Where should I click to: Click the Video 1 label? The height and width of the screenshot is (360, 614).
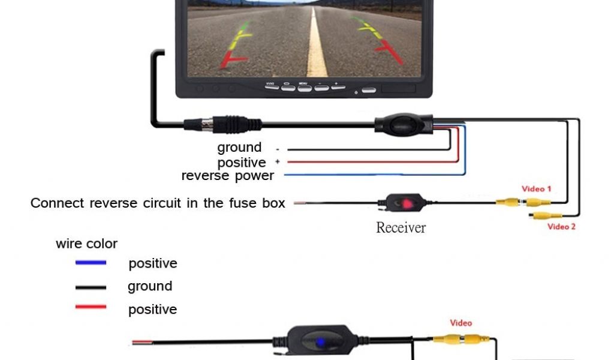pyautogui.click(x=536, y=189)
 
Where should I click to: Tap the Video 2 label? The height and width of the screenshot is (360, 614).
pyautogui.click(x=561, y=226)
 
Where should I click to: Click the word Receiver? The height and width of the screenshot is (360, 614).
pyautogui.click(x=401, y=227)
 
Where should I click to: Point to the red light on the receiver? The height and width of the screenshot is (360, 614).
pyautogui.click(x=407, y=203)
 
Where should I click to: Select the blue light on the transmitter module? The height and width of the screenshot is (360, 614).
pyautogui.click(x=321, y=341)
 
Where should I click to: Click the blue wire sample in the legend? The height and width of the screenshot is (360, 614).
pyautogui.click(x=91, y=263)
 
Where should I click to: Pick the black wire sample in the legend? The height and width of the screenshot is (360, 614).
pyautogui.click(x=91, y=287)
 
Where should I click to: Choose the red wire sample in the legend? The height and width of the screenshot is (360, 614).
pyautogui.click(x=91, y=307)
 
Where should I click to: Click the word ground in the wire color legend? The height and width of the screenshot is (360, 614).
pyautogui.click(x=150, y=286)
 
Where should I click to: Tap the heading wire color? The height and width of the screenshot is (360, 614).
pyautogui.click(x=86, y=244)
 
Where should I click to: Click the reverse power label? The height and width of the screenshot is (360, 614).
pyautogui.click(x=227, y=176)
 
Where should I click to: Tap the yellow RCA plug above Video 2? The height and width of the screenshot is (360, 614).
pyautogui.click(x=546, y=215)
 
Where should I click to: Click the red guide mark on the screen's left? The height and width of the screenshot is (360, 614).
pyautogui.click(x=234, y=60)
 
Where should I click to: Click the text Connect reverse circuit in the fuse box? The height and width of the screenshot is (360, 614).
pyautogui.click(x=158, y=203)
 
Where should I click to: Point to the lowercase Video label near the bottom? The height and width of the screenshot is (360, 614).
pyautogui.click(x=460, y=323)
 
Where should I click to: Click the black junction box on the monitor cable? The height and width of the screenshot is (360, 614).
pyautogui.click(x=403, y=124)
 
